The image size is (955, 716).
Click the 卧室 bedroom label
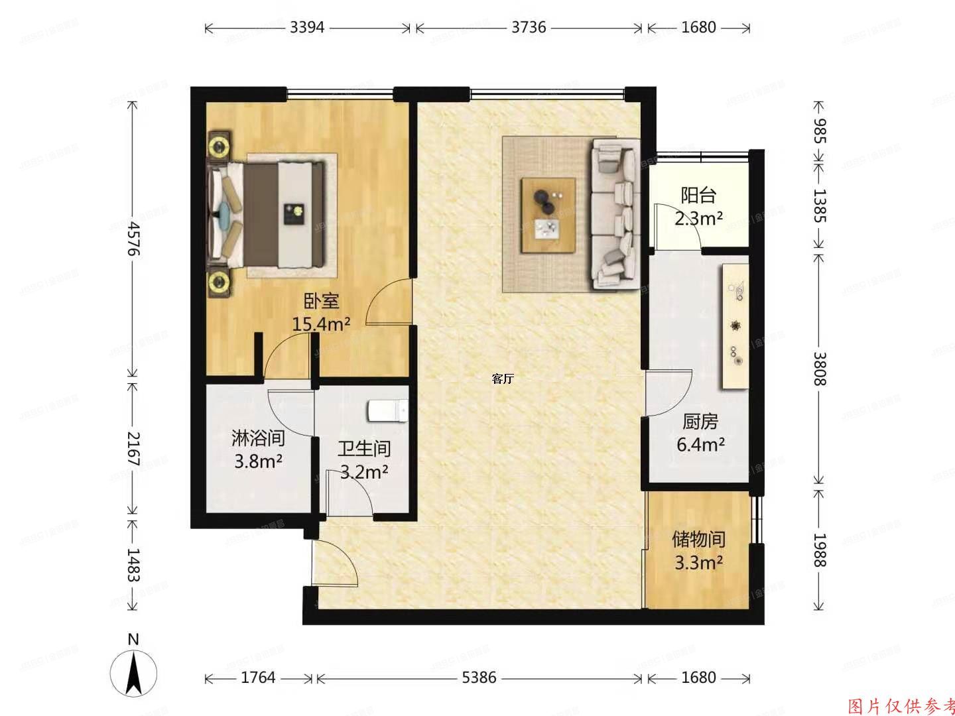click(x=322, y=302)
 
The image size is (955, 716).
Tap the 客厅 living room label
click(x=503, y=379)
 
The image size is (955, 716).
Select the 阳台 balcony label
click(x=698, y=196)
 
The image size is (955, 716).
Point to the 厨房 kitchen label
click(x=700, y=422)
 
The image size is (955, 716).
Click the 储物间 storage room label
click(x=698, y=540)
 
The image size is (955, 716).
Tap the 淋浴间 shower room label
click(x=258, y=438)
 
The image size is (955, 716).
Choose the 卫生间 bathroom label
click(x=364, y=449)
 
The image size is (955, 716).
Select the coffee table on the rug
click(x=548, y=215)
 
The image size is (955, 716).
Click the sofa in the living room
click(x=616, y=213)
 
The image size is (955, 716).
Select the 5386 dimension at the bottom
click(x=479, y=678)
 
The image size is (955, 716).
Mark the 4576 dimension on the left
click(x=134, y=239)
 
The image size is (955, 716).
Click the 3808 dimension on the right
click(x=820, y=368)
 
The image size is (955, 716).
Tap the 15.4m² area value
click(x=322, y=324)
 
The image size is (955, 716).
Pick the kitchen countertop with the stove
click(x=735, y=326)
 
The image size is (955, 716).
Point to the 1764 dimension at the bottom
click(x=259, y=678)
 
